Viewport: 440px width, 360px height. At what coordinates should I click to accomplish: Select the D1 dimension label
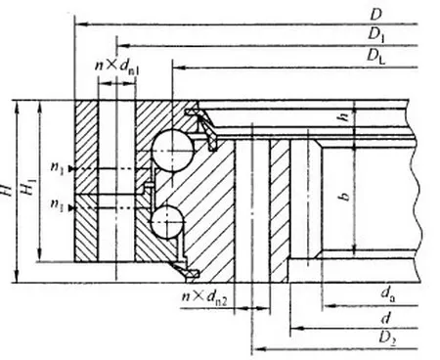coord(376,33)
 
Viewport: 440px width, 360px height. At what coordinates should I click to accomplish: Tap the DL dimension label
coord(376,58)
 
